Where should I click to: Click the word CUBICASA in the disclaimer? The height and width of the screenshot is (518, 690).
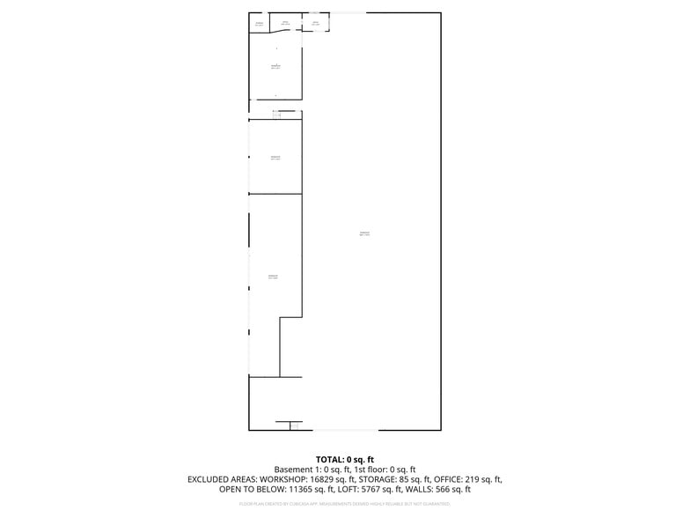click(306, 504)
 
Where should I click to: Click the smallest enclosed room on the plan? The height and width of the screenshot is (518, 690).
click(260, 23)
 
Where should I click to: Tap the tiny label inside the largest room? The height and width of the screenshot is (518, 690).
click(364, 233)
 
